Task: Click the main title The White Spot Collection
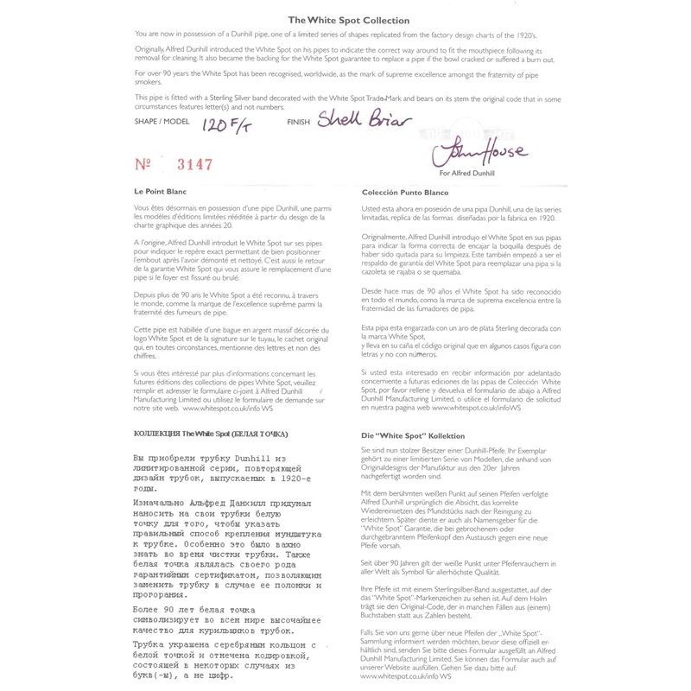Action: point(345,19)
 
